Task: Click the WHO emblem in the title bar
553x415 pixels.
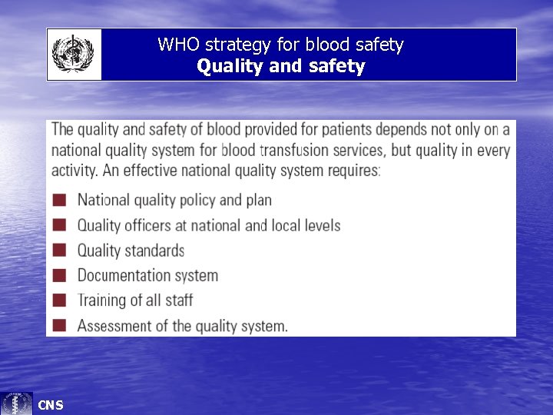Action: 74,55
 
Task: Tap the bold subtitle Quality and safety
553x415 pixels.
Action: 280,66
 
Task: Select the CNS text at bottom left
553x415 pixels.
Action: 51,405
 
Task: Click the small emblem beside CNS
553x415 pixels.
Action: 17,403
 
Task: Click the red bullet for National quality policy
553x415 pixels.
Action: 60,201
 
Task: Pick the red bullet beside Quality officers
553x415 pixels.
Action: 60,225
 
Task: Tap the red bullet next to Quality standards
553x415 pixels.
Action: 60,251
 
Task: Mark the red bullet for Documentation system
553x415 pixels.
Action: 60,275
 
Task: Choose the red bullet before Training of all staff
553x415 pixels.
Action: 60,300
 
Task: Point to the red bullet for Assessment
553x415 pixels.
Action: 60,325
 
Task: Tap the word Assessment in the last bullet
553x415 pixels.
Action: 114,325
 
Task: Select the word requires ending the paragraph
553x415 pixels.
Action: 352,171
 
